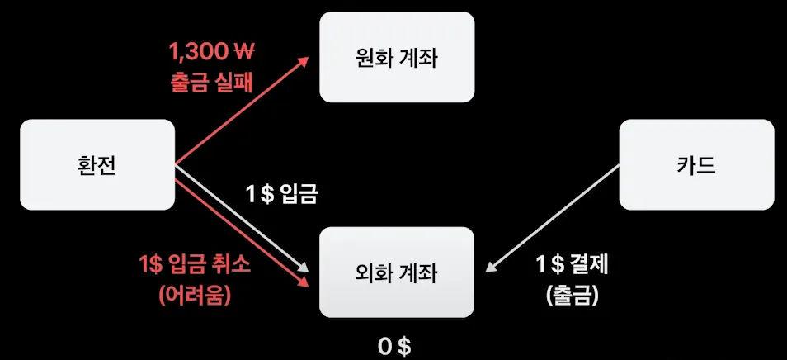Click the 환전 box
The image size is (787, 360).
[97, 165]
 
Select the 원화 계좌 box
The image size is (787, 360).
[397, 57]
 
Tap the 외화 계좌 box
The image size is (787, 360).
[397, 272]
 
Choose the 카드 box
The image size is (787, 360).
[696, 165]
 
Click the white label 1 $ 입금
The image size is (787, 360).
[281, 196]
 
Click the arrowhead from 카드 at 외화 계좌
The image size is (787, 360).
[490, 267]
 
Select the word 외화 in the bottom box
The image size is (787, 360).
[375, 272]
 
